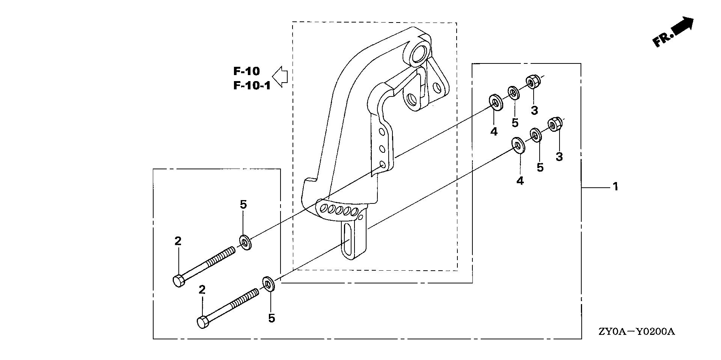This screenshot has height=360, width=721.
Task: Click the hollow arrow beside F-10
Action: (279, 77)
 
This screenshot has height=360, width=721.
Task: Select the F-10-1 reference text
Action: (252, 86)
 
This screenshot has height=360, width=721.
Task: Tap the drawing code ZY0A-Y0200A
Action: (637, 332)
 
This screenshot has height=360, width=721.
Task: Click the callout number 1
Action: (615, 186)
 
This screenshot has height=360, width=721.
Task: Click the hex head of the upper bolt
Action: (179, 281)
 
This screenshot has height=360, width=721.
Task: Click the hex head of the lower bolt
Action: (203, 322)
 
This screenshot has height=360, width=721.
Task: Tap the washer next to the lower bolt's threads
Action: (268, 284)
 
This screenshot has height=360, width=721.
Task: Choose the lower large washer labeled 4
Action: (519, 145)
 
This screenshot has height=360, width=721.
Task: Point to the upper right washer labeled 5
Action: (513, 92)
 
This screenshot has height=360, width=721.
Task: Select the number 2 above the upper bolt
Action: (178, 241)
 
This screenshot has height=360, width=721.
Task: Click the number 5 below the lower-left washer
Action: (272, 318)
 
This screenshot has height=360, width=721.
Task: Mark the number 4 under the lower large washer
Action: (520, 181)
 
